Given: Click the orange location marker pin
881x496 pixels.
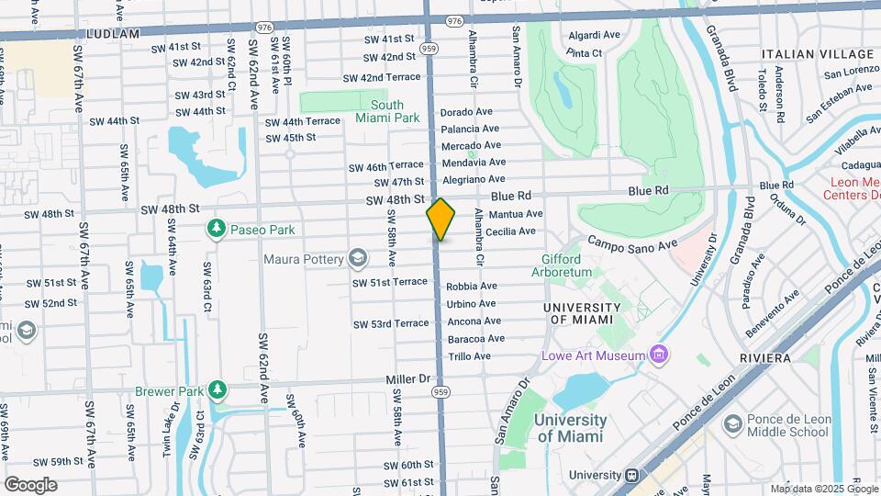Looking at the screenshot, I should (x=440, y=220).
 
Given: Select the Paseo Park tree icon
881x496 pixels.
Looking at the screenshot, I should (x=217, y=228).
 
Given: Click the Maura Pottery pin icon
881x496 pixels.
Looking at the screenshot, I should (x=357, y=258).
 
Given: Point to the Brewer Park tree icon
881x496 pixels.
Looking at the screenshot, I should (x=217, y=391).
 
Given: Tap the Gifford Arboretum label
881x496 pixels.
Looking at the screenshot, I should (x=561, y=266).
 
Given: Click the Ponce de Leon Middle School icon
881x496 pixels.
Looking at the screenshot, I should (x=732, y=423).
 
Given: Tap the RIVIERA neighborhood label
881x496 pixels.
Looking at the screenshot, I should (x=764, y=357).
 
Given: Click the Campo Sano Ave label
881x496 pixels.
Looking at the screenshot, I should (x=631, y=243).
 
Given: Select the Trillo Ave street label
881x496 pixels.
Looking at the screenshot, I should (x=469, y=355).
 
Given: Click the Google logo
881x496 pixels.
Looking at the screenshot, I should (x=30, y=484).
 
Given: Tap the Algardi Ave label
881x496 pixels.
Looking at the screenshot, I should (x=595, y=36).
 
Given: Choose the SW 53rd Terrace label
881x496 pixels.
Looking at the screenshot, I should (x=390, y=323).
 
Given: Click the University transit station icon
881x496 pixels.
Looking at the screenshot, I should (x=631, y=475).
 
